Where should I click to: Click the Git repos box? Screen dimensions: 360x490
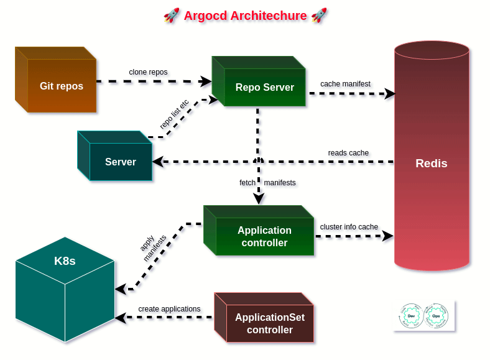(61, 86)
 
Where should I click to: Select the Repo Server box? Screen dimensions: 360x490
(264, 87)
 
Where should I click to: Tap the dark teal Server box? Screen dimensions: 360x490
(120, 162)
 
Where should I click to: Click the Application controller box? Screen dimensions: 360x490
(264, 236)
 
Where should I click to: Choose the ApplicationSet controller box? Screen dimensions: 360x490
(269, 323)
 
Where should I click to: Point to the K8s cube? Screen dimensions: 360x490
(65, 289)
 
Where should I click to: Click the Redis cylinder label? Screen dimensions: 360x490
(431, 164)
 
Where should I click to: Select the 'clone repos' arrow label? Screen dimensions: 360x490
(148, 72)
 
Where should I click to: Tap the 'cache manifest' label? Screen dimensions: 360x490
(345, 83)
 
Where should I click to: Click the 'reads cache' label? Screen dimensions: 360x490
(348, 152)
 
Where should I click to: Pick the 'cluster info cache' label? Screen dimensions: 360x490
(349, 226)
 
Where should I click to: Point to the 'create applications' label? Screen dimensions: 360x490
(169, 308)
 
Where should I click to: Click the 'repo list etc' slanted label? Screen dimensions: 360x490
(174, 114)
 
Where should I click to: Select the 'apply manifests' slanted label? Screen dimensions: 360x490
(152, 247)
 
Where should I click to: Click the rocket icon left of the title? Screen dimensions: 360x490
(172, 16)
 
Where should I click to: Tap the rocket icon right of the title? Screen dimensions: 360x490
(319, 16)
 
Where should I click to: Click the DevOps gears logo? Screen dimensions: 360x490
(423, 316)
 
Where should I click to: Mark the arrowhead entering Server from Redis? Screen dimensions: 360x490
(158, 162)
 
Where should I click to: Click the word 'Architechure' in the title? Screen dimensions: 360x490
(268, 16)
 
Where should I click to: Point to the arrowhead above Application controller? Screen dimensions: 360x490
(259, 198)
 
